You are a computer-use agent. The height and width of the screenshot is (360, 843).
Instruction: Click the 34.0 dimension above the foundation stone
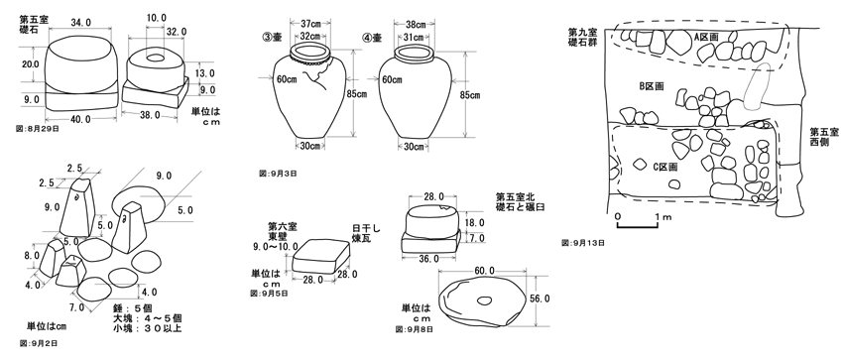point(81,22)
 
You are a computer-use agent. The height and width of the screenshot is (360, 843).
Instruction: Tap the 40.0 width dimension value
point(81,119)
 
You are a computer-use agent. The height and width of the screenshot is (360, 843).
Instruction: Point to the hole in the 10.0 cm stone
point(156,57)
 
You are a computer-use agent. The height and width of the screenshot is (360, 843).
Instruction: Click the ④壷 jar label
point(372,38)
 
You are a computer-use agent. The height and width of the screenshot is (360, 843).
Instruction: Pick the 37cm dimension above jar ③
point(309,24)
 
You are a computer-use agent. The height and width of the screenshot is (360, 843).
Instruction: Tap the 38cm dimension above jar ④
point(416,24)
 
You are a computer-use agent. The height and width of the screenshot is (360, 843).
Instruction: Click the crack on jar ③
point(320,74)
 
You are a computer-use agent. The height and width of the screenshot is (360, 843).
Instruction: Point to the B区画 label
point(652,86)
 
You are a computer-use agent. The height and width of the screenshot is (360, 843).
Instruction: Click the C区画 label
point(665,167)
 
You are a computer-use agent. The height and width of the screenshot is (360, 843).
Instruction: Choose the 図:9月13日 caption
point(583,243)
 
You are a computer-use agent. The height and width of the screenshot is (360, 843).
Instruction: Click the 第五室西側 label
point(824,137)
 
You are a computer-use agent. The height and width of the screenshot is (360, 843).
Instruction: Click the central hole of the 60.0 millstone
point(484,300)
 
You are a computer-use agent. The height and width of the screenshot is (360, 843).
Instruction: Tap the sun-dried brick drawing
point(320,255)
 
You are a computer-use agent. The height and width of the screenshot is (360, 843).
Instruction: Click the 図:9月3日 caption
point(278,174)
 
